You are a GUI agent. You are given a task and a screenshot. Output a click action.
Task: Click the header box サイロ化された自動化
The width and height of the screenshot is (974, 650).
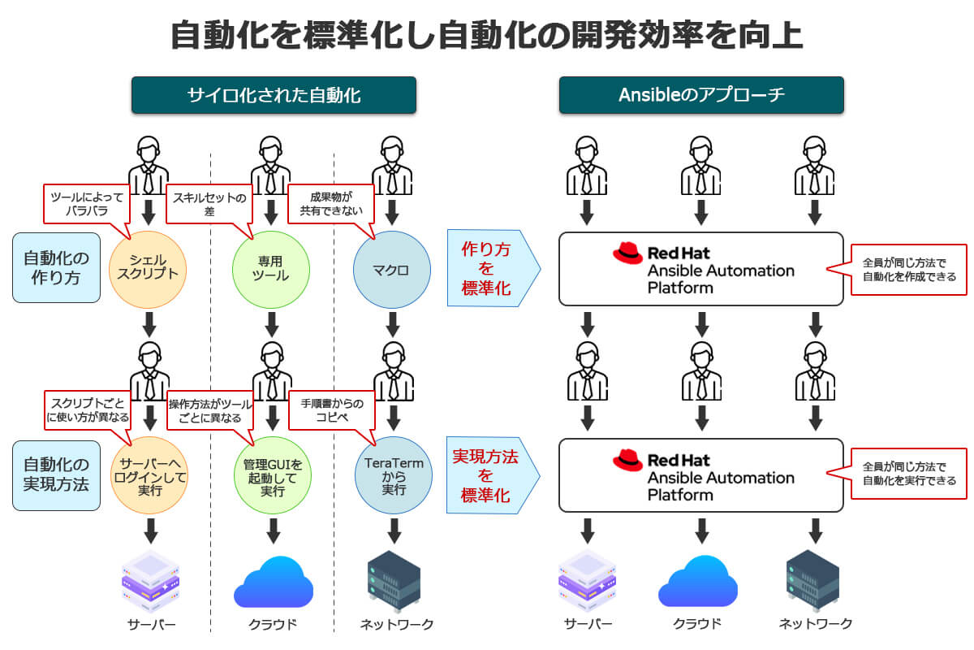[274, 95]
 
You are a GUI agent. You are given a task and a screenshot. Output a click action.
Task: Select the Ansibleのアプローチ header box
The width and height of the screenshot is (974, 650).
[701, 95]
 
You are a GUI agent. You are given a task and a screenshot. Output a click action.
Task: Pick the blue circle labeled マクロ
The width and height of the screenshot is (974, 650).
[392, 269]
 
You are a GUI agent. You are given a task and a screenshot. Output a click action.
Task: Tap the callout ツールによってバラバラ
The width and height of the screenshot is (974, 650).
[87, 203]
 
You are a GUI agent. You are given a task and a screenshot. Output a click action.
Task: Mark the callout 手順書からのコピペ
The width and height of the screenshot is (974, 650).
[331, 409]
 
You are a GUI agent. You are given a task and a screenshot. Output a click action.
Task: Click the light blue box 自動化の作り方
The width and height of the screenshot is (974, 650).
[57, 268]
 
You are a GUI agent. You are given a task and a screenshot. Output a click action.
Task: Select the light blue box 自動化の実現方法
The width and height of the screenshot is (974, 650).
[57, 475]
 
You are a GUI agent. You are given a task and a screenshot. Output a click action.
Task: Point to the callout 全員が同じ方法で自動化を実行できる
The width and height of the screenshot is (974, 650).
[908, 474]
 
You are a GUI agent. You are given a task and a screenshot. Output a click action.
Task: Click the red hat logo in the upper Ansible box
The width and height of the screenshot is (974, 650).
[627, 253]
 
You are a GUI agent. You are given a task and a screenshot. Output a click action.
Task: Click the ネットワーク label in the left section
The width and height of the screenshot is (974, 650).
[397, 624]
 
